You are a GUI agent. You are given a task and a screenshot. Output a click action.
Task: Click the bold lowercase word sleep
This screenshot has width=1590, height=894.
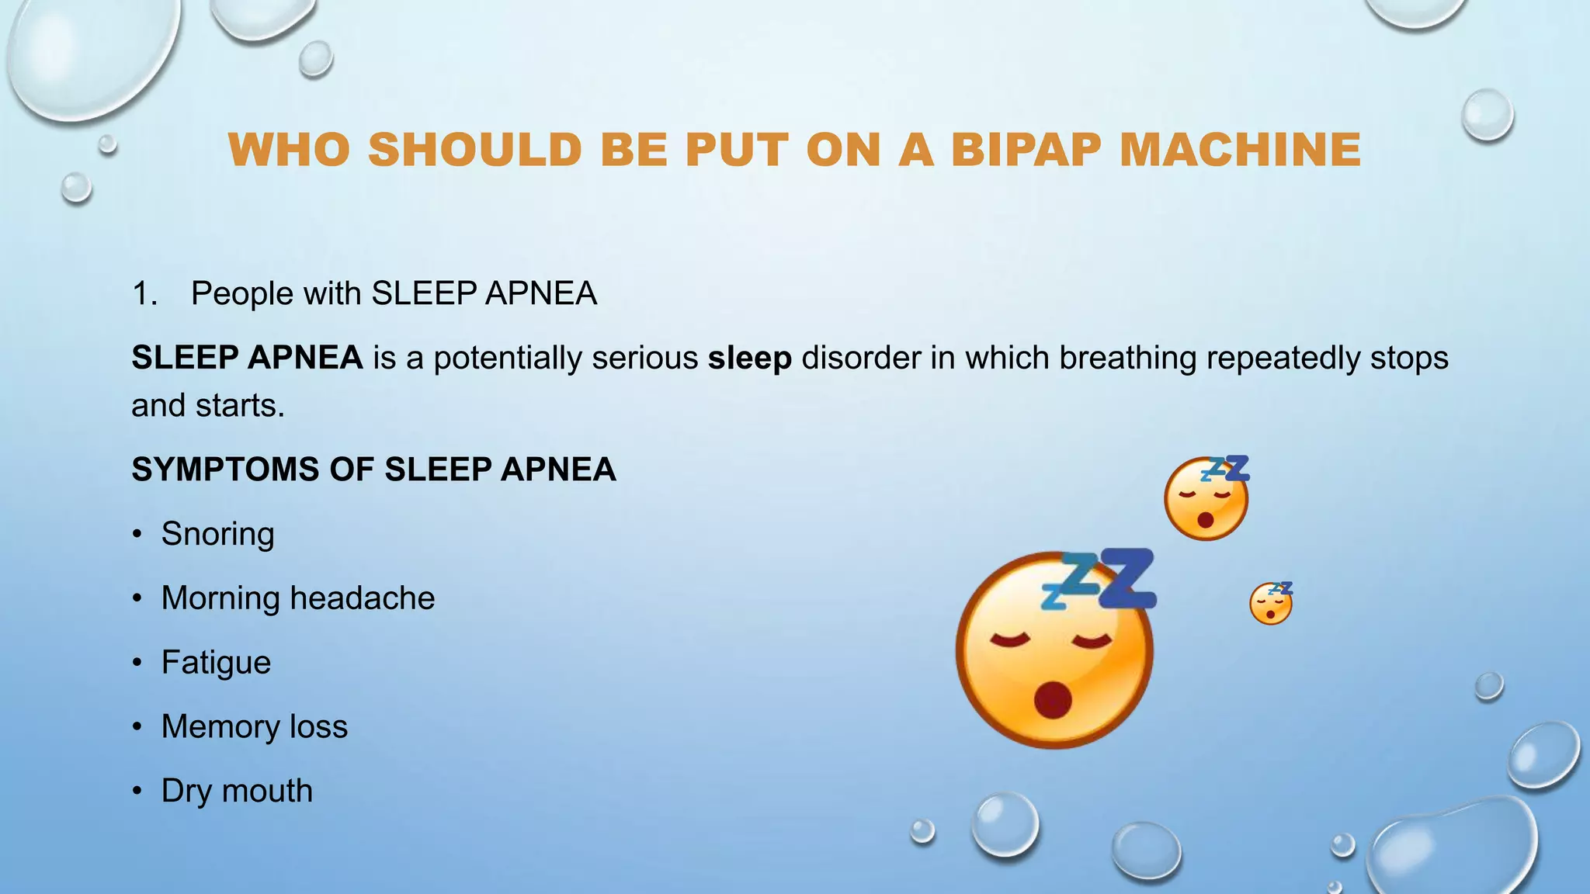[749, 359]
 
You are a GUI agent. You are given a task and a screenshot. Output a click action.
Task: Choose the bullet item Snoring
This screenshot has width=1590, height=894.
[217, 535]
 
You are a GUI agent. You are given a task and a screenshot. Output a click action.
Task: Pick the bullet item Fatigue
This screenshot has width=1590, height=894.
[216, 663]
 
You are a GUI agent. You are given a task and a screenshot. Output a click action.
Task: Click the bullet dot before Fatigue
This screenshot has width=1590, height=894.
[137, 663]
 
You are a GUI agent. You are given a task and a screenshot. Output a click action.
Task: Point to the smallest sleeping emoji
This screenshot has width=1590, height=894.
[1271, 604]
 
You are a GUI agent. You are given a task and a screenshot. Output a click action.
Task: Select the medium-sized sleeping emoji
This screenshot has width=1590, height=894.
[1206, 499]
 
